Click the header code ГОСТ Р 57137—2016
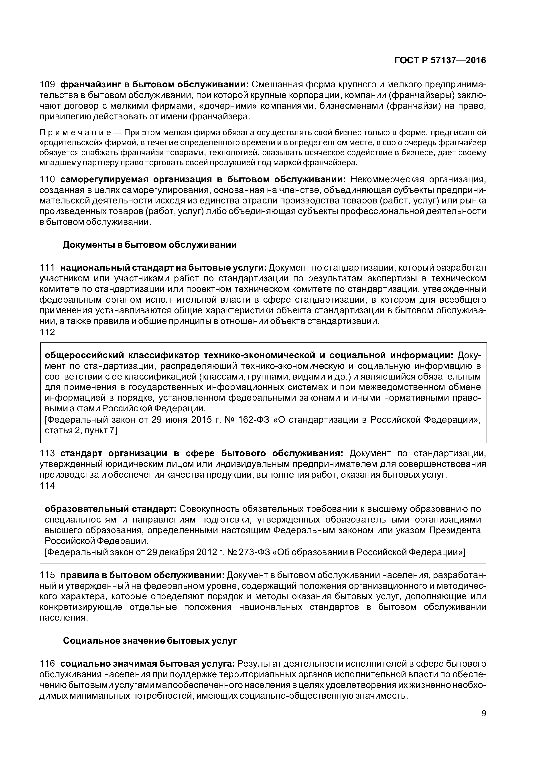[x=440, y=60]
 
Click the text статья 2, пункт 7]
[x=81, y=431]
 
